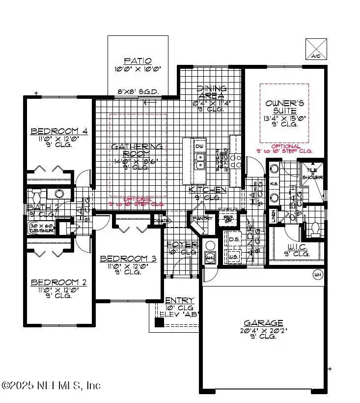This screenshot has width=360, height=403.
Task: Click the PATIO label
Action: click(x=134, y=61)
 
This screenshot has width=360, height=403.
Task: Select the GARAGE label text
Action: click(x=264, y=323)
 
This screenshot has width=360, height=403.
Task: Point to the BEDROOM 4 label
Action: click(x=59, y=131)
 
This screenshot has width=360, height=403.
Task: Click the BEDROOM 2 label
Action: click(x=59, y=282)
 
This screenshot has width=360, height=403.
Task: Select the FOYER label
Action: click(x=182, y=244)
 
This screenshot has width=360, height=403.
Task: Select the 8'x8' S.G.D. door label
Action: click(x=133, y=91)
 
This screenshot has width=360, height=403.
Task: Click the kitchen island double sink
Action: click(x=200, y=161)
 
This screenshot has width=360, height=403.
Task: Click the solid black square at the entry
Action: click(x=159, y=322)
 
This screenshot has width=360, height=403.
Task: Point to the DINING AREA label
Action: click(x=211, y=92)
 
